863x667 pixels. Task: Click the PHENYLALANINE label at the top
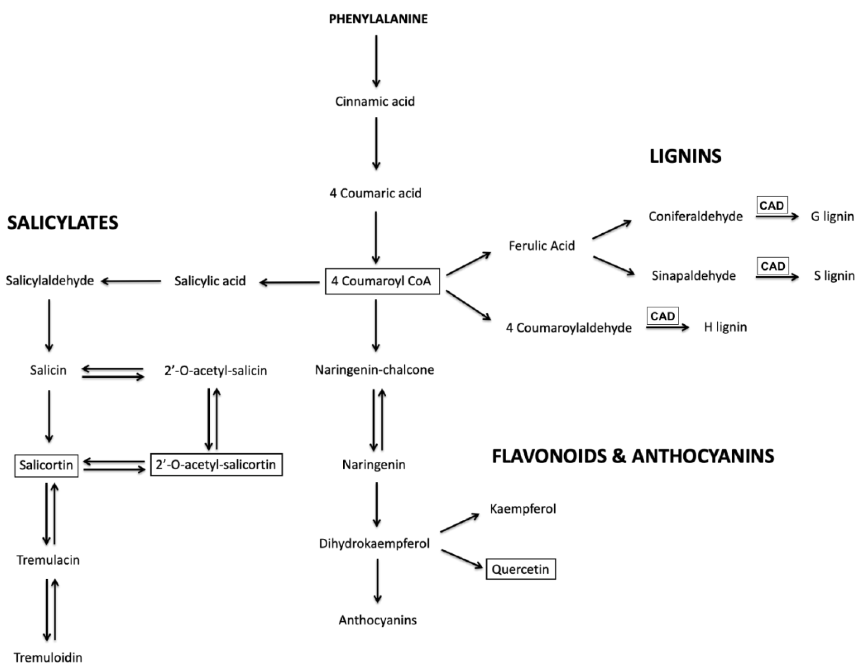(378, 19)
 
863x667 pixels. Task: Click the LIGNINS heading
(685, 156)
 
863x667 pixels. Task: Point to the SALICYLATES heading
(63, 223)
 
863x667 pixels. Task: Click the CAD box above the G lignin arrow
(772, 205)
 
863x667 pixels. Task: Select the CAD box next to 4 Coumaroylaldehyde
(662, 316)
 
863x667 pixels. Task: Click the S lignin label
(834, 276)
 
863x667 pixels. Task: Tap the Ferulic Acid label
(541, 246)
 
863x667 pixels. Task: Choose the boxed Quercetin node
(520, 569)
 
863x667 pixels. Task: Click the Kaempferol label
(522, 509)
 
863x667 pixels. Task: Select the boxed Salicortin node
(46, 465)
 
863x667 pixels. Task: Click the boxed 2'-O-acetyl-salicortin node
(216, 465)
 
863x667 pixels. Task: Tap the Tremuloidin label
(48, 657)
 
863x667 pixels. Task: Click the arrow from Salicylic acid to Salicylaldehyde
(131, 281)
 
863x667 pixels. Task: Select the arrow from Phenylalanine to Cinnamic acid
(376, 61)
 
